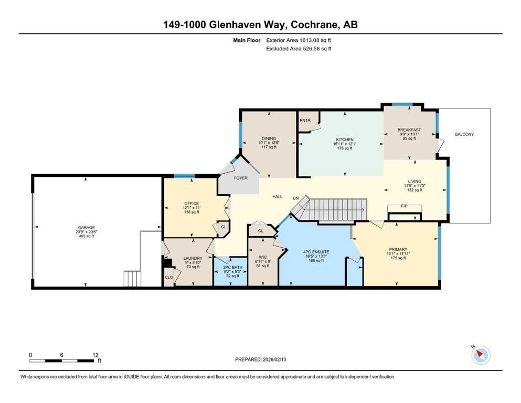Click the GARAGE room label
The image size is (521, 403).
tap(87, 228)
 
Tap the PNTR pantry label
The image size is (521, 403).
tap(305, 120)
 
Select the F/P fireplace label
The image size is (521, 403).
tap(404, 206)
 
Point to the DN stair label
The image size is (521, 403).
tap(296, 198)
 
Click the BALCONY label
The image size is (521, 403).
tap(464, 134)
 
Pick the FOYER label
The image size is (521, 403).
tap(241, 178)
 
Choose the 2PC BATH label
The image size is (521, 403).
tap(232, 268)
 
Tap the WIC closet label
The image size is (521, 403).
tap(263, 257)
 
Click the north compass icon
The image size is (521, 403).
tap(481, 355)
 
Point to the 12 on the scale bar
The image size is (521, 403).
tap(95, 355)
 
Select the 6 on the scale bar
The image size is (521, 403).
tap(62, 355)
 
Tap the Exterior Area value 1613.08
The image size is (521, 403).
tap(309, 40)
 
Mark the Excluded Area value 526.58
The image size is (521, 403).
tap(312, 48)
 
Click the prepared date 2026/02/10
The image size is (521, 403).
tap(274, 359)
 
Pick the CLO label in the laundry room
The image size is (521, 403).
tap(169, 277)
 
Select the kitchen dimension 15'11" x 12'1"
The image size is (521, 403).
tap(345, 144)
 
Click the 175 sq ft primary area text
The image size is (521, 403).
tap(398, 258)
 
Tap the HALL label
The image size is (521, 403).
tap(278, 197)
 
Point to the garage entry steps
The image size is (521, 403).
tap(133, 279)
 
